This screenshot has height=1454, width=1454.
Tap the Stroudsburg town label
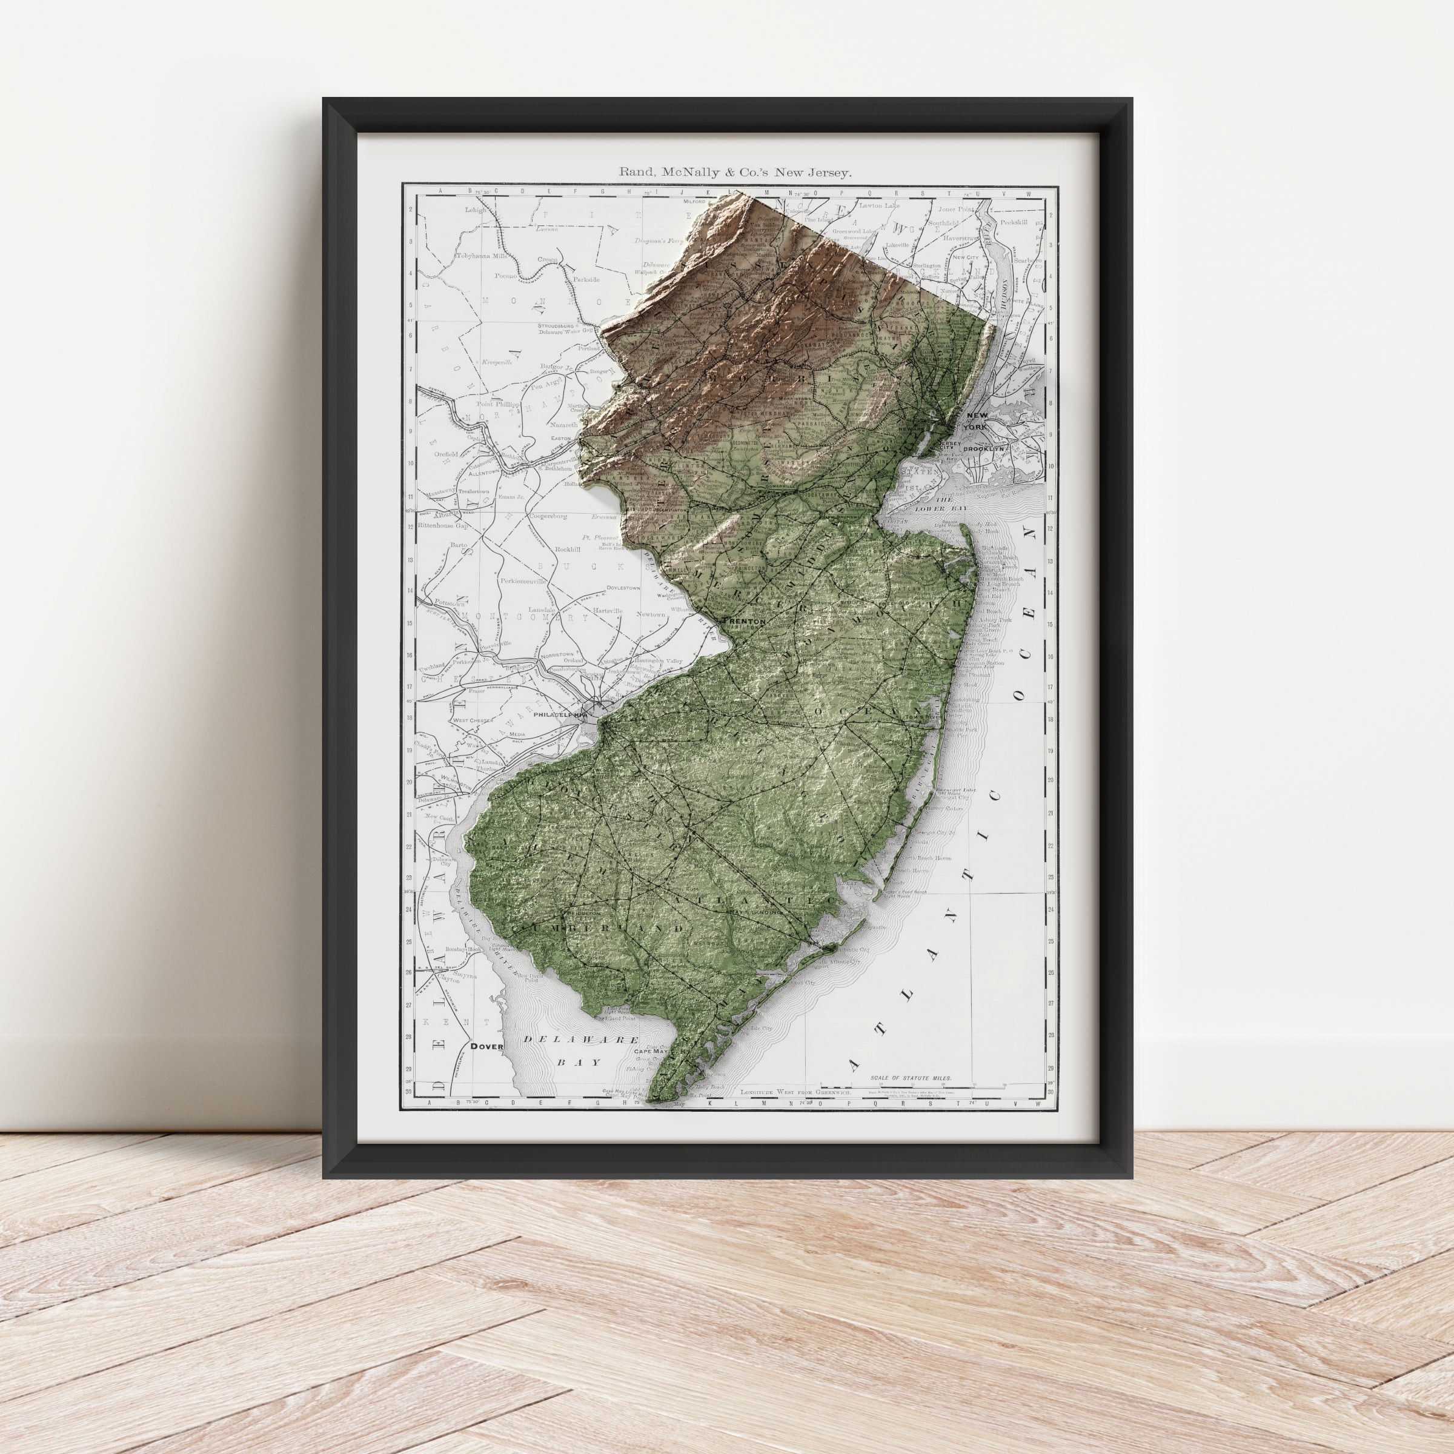(x=556, y=327)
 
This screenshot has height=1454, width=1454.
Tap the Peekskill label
(x=1013, y=222)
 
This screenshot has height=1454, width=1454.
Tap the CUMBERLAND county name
(x=597, y=929)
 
